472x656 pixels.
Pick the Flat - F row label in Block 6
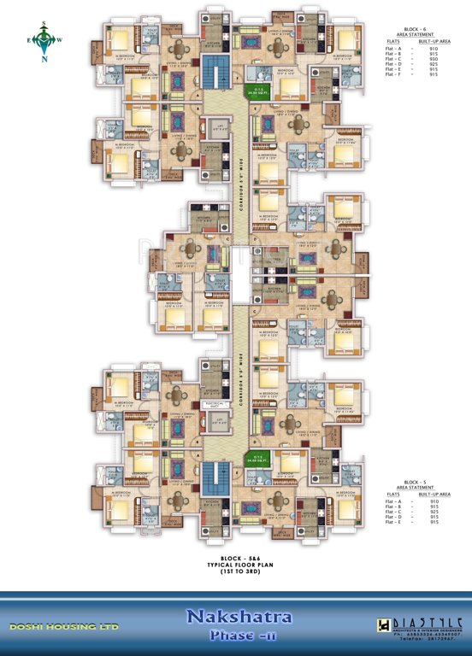pyautogui.click(x=392, y=75)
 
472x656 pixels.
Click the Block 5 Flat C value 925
pyautogui.click(x=435, y=510)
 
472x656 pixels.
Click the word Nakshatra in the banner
pyautogui.click(x=236, y=616)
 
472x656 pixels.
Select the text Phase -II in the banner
pyautogui.click(x=236, y=636)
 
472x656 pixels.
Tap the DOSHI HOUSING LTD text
pyautogui.click(x=64, y=627)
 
